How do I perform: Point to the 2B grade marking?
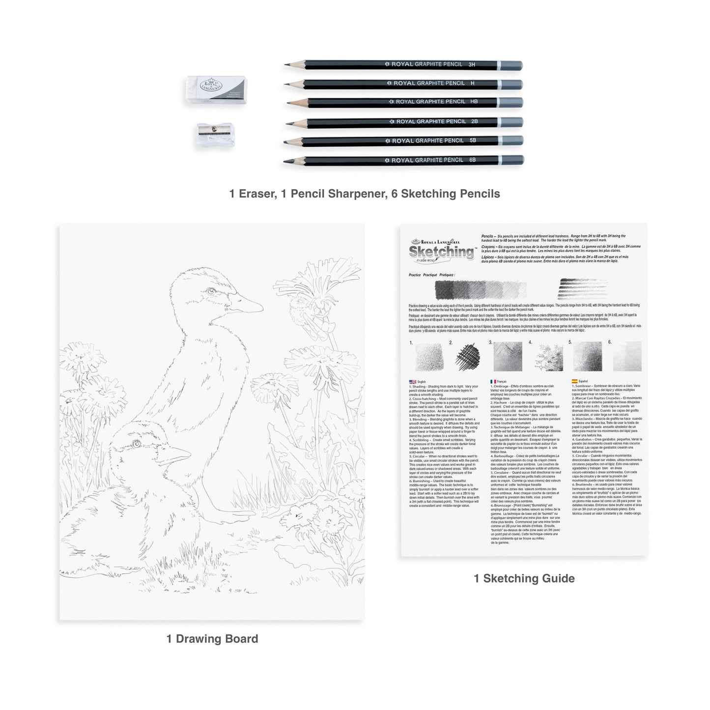point(474,121)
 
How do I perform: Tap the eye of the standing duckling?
point(211,292)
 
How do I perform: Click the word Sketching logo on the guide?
point(441,252)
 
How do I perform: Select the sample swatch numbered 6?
point(627,356)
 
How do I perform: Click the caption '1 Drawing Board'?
point(212,639)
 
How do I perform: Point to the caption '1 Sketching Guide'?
point(524,578)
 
